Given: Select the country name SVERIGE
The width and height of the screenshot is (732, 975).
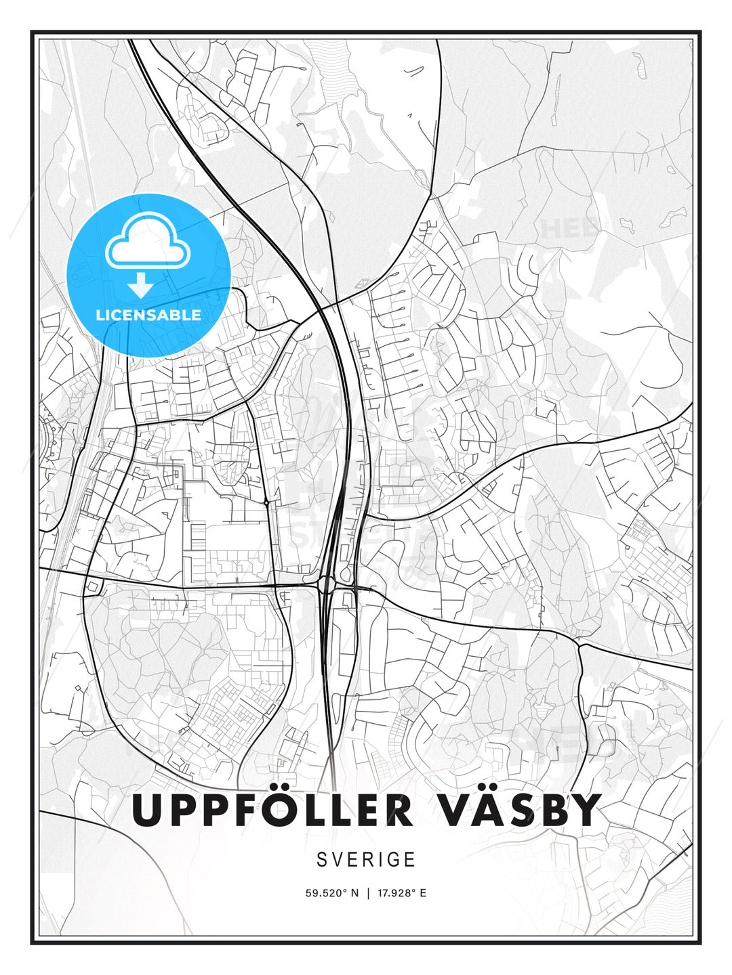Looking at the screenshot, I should pos(366,859).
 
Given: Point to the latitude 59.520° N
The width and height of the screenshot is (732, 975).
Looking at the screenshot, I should pos(331,893).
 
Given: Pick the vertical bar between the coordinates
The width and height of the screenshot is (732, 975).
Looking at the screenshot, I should pos(368,893).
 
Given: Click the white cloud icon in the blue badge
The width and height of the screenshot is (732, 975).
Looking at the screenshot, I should pos(148,242).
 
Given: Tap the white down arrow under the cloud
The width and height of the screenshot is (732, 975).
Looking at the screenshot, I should pos(141,285).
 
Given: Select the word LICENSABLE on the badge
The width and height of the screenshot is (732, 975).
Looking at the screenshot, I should pos(148,315).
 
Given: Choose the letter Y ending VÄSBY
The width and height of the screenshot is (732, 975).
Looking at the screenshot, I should pos(584,810).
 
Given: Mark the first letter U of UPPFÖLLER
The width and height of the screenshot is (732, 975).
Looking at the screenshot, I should pos(148,810).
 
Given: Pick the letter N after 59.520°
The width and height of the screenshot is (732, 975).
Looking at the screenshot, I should pos(354,893).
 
